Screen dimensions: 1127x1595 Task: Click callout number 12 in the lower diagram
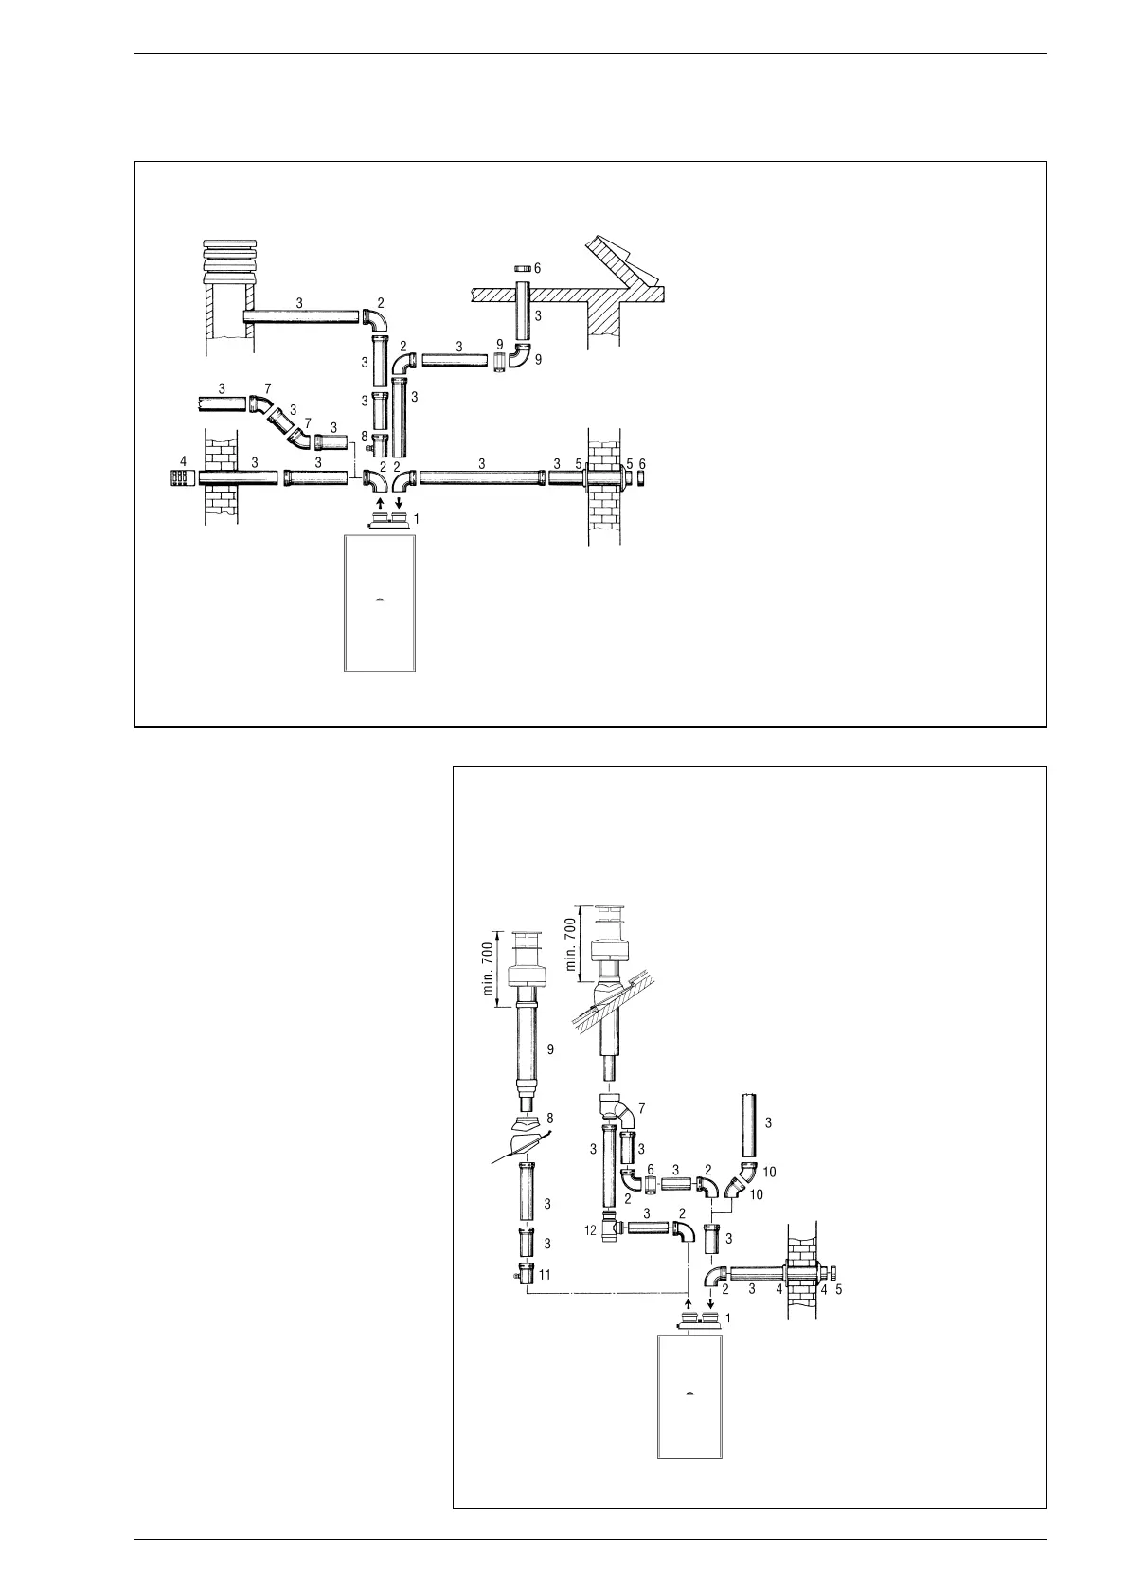(x=590, y=1230)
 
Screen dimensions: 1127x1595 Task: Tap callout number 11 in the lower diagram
(x=545, y=1275)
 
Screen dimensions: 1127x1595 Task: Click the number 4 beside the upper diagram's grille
(x=184, y=461)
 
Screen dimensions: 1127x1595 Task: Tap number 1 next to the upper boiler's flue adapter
(x=418, y=518)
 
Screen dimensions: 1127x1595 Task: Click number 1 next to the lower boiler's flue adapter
(x=728, y=1317)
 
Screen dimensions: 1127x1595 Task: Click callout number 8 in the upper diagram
(x=364, y=436)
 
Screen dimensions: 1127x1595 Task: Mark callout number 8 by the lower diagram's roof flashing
(x=549, y=1119)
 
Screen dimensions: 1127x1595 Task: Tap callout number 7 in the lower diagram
(x=644, y=1107)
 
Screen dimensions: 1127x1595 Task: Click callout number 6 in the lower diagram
(x=651, y=1170)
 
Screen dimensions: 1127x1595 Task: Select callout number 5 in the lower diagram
(x=839, y=1288)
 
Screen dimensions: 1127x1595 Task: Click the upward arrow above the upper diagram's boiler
(x=380, y=502)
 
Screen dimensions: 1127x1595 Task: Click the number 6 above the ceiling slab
(x=537, y=268)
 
